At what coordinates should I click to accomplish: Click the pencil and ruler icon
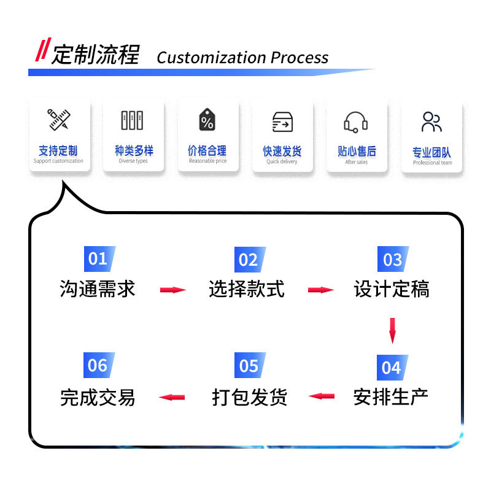[x=59, y=119]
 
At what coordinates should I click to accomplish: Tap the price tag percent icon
[x=207, y=119]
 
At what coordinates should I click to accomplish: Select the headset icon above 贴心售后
[x=356, y=122]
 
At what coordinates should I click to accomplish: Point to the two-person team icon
[x=431, y=122]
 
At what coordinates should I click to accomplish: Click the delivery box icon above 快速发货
[x=282, y=122]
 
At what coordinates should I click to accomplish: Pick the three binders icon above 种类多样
[x=132, y=120]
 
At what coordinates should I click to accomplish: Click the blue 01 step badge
[x=99, y=259]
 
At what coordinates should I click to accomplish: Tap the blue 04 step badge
[x=392, y=368]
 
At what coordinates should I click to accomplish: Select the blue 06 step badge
[x=99, y=365]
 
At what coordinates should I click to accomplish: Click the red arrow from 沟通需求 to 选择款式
[x=173, y=290]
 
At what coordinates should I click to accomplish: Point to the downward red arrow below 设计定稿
[x=392, y=331]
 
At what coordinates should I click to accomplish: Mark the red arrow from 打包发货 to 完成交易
[x=172, y=397]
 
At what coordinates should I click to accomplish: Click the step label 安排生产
[x=391, y=397]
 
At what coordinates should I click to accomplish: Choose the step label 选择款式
[x=247, y=288]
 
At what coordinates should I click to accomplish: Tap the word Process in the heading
[x=300, y=57]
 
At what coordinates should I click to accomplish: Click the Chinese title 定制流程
[x=95, y=55]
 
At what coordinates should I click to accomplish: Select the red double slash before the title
[x=43, y=49]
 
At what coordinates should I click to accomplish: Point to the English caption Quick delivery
[x=282, y=161]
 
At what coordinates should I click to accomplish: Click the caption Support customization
[x=58, y=161]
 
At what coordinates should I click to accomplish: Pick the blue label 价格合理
[x=207, y=150]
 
